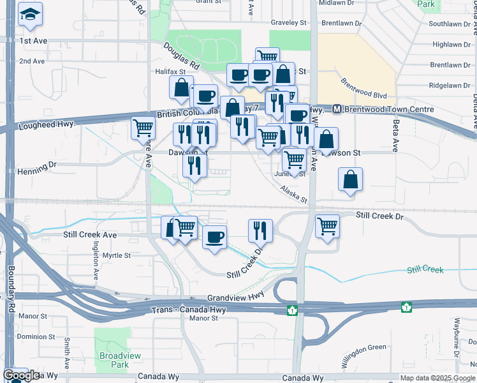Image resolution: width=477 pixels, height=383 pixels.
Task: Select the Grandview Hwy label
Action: click(x=235, y=298)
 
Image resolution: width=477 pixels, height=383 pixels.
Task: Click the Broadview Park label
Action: click(x=114, y=360)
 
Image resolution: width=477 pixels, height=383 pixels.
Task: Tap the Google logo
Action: click(x=20, y=376)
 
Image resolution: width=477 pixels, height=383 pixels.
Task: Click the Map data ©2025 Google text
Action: click(x=437, y=378)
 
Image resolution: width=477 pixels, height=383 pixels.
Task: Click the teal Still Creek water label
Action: click(x=425, y=270)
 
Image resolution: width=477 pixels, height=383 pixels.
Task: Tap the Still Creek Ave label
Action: click(x=90, y=235)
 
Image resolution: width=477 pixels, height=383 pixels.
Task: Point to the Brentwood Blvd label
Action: click(x=363, y=89)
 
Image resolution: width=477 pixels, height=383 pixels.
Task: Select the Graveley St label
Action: click(x=288, y=23)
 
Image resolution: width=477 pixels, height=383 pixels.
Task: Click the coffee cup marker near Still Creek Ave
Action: click(x=214, y=237)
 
